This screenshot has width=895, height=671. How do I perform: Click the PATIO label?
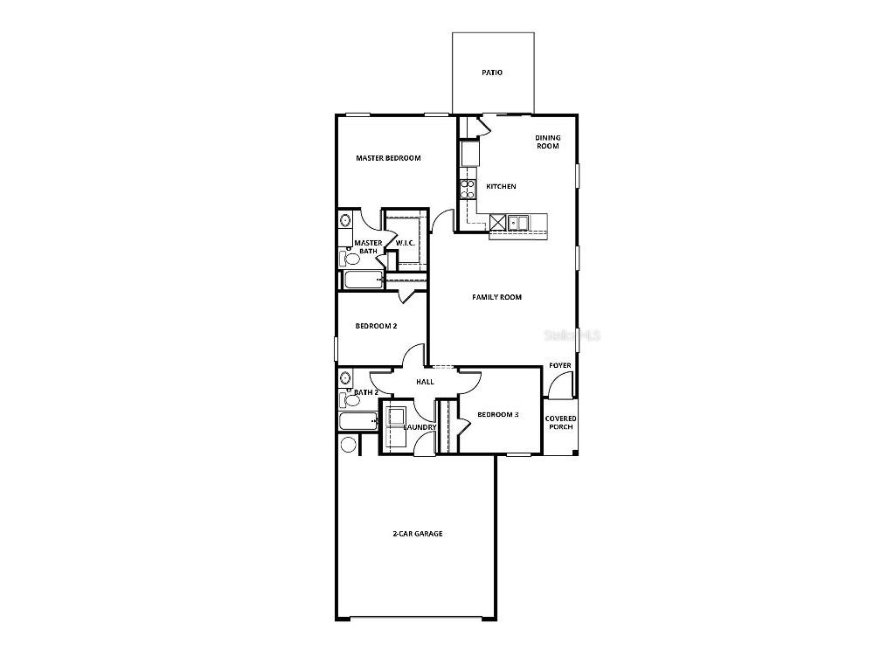click(x=492, y=73)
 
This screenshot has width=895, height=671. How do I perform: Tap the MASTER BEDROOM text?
click(x=388, y=158)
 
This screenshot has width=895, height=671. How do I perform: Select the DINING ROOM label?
click(x=548, y=142)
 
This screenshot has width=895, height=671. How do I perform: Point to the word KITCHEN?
click(x=501, y=186)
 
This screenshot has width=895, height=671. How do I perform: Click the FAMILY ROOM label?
click(x=496, y=297)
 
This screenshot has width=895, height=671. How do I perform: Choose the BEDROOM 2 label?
click(x=376, y=326)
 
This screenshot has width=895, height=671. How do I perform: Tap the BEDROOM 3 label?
click(x=497, y=414)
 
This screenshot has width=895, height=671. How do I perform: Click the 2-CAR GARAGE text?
click(x=416, y=533)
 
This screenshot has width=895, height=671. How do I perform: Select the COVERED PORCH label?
click(x=560, y=423)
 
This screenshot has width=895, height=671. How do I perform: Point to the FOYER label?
click(x=559, y=365)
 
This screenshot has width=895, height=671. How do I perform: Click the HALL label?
click(x=425, y=382)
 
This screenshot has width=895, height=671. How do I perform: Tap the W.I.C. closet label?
click(x=405, y=243)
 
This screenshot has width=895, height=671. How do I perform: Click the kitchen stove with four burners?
click(x=467, y=190)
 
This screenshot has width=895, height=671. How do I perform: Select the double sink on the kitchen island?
click(x=518, y=222)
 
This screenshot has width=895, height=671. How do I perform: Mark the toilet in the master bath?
click(x=350, y=258)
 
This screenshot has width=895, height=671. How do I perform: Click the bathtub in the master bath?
click(x=362, y=280)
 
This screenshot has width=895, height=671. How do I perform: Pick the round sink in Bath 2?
click(x=345, y=377)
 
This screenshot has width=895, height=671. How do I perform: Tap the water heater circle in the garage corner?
click(x=349, y=445)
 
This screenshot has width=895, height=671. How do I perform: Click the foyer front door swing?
click(x=559, y=384)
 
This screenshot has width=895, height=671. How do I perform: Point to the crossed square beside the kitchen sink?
click(x=498, y=222)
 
